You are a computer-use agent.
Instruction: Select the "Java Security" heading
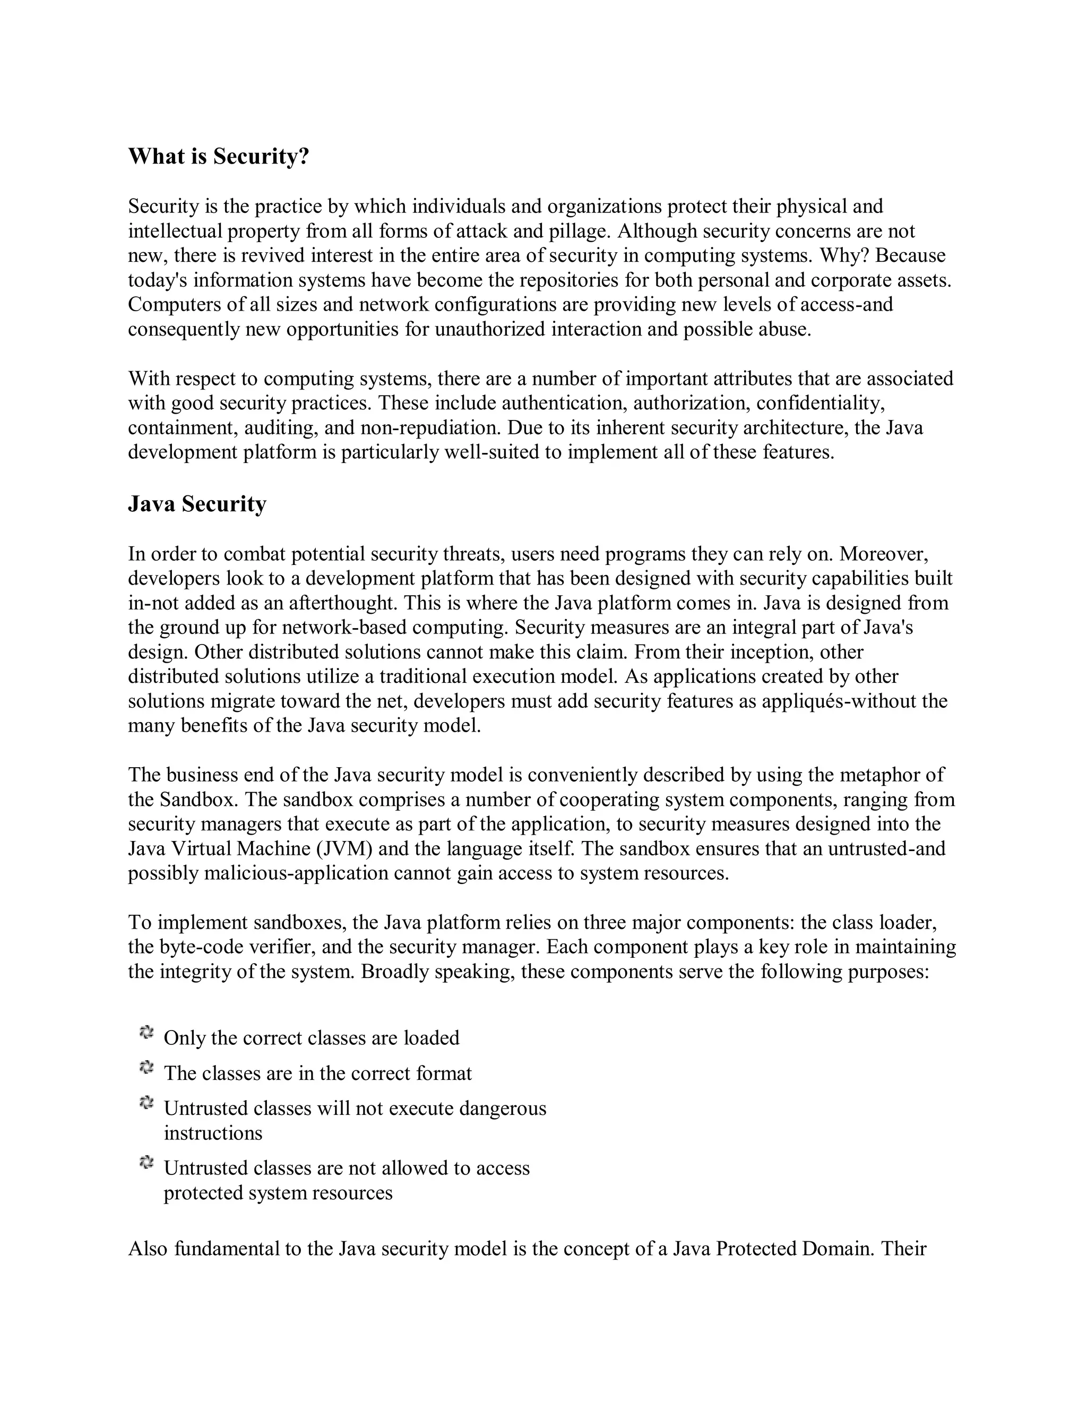[x=197, y=504]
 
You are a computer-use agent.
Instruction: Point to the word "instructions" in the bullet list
[x=213, y=1133]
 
